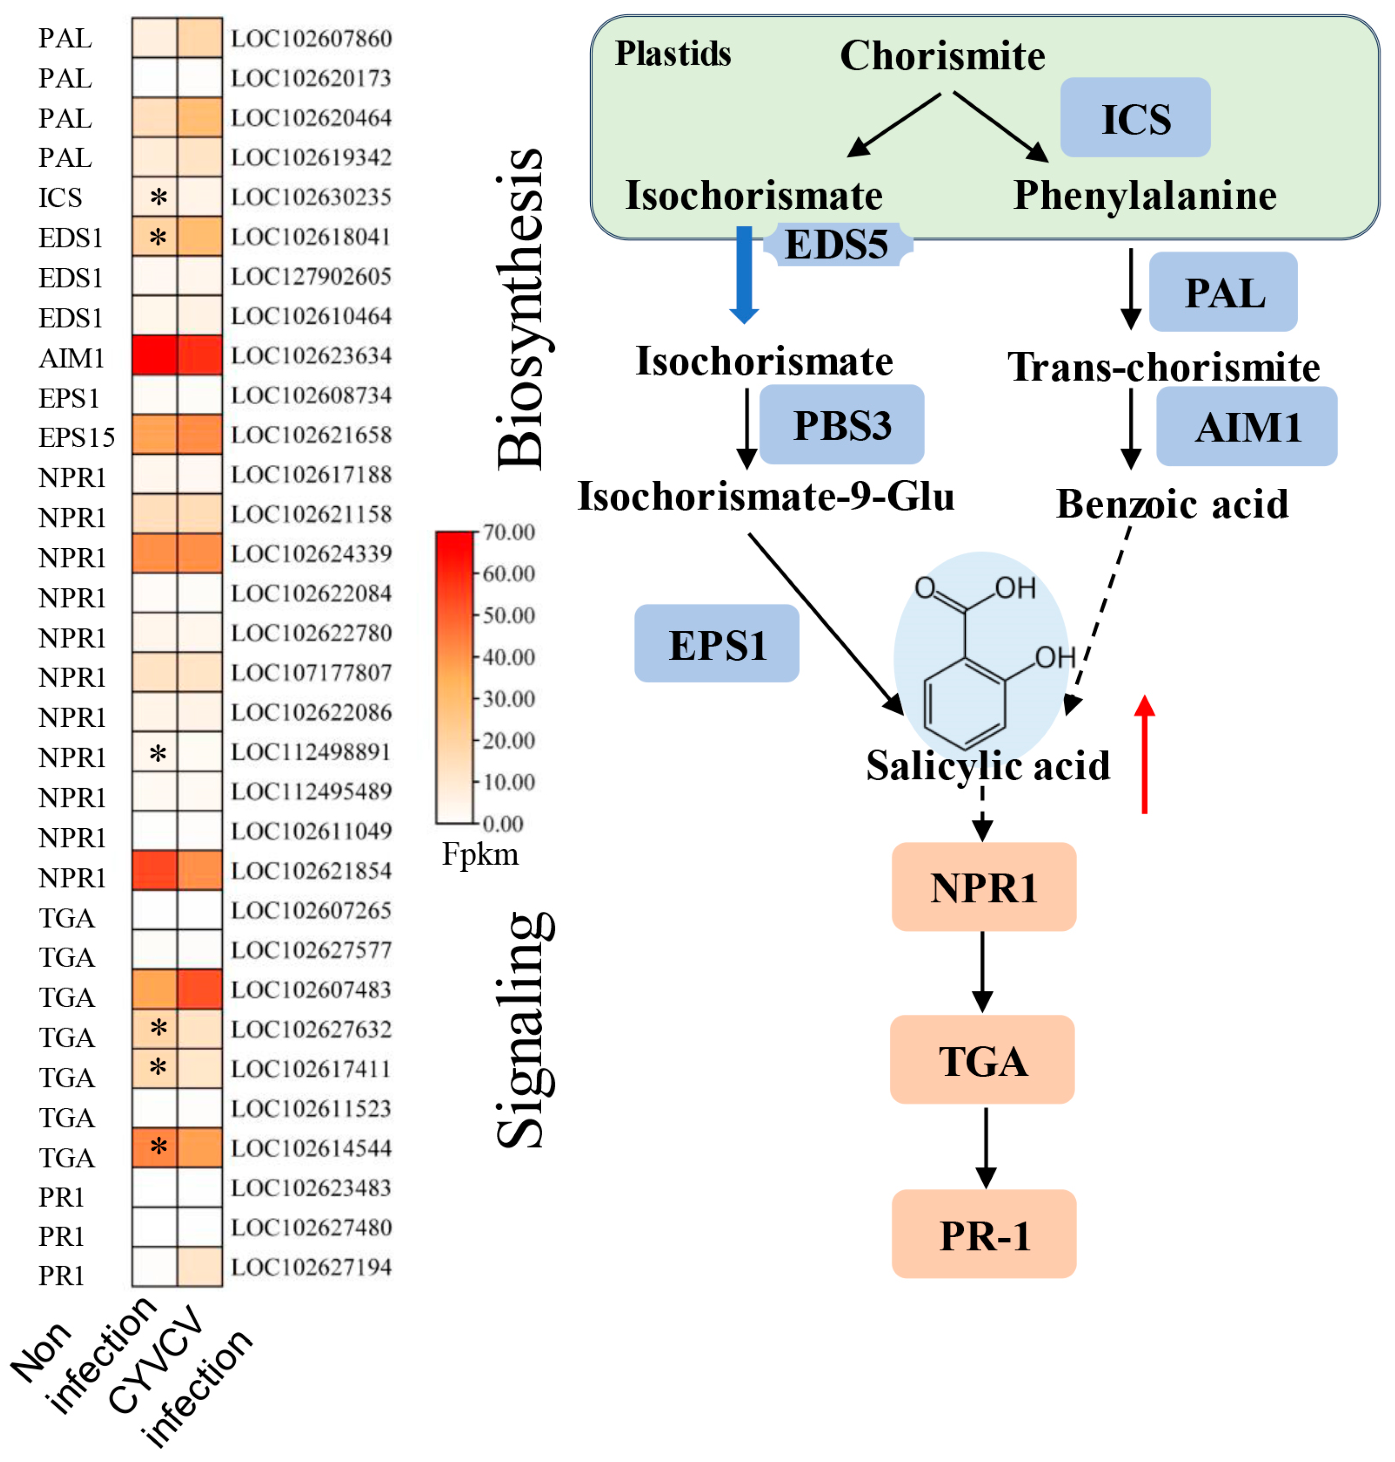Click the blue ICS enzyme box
[1135, 118]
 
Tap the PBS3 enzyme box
[842, 425]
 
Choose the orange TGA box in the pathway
[982, 1060]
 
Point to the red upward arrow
[1144, 755]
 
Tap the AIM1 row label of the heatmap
[71, 358]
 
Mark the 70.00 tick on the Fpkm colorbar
[509, 533]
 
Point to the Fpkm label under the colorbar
[480, 854]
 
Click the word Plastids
[673, 53]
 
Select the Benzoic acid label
[1172, 504]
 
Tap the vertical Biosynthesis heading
[520, 309]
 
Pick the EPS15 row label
[77, 437]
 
